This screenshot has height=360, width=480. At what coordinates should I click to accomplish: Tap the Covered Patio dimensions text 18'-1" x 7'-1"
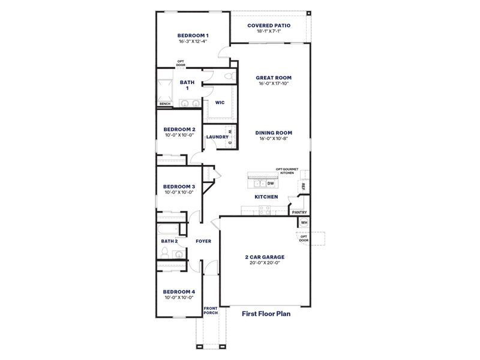pyautogui.click(x=269, y=31)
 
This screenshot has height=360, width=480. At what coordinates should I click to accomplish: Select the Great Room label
pyautogui.click(x=274, y=77)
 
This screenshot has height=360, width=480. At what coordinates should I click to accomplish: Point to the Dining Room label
pyautogui.click(x=274, y=133)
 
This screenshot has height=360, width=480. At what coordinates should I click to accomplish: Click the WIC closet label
pyautogui.click(x=220, y=102)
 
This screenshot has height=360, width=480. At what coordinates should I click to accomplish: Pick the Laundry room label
pyautogui.click(x=217, y=137)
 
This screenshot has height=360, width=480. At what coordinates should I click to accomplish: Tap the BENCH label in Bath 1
pyautogui.click(x=164, y=104)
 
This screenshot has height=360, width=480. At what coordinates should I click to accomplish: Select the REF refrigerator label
pyautogui.click(x=304, y=186)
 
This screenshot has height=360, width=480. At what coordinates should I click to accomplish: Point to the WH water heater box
pyautogui.click(x=304, y=223)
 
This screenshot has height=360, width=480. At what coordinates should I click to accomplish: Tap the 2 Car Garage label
pyautogui.click(x=265, y=257)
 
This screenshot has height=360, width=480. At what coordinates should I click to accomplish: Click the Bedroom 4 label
pyautogui.click(x=179, y=292)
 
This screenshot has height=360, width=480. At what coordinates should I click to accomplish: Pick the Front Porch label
pyautogui.click(x=211, y=310)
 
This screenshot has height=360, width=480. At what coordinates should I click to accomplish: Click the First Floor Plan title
pyautogui.click(x=266, y=313)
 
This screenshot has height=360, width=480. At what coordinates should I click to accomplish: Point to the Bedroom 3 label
pyautogui.click(x=179, y=187)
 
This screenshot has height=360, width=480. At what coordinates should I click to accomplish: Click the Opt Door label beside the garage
pyautogui.click(x=304, y=238)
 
